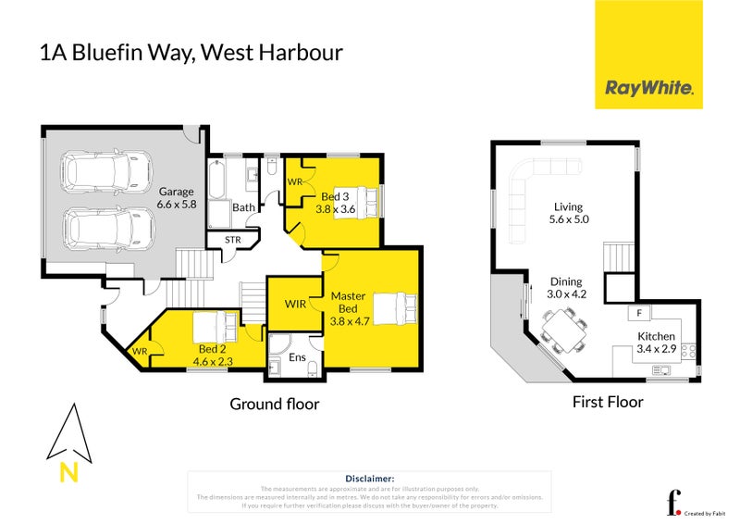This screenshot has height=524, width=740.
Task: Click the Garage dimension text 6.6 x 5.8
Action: click(177, 204)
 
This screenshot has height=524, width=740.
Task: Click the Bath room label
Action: click(243, 208)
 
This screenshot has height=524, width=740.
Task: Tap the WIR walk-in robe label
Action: click(295, 304)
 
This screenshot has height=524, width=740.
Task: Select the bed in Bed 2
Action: click(214, 328)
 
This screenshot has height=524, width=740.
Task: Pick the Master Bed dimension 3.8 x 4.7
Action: click(349, 322)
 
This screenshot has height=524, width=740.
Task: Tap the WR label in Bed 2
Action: click(140, 352)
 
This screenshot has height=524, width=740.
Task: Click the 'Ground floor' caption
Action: click(274, 404)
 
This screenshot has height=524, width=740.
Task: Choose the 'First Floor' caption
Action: click(608, 402)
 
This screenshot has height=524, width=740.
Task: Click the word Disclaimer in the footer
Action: click(368, 478)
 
